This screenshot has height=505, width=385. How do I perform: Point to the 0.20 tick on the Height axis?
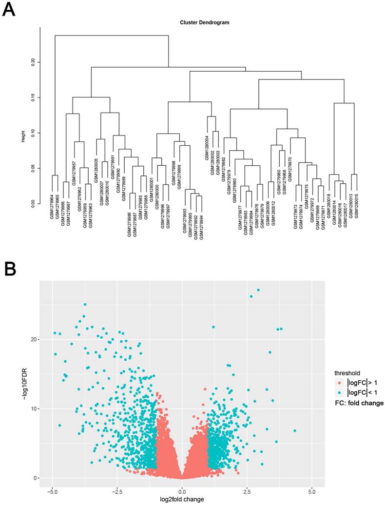tap(33, 62)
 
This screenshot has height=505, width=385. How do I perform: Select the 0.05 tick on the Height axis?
tap(33, 169)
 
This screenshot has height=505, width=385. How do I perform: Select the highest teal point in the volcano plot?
tap(258, 290)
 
